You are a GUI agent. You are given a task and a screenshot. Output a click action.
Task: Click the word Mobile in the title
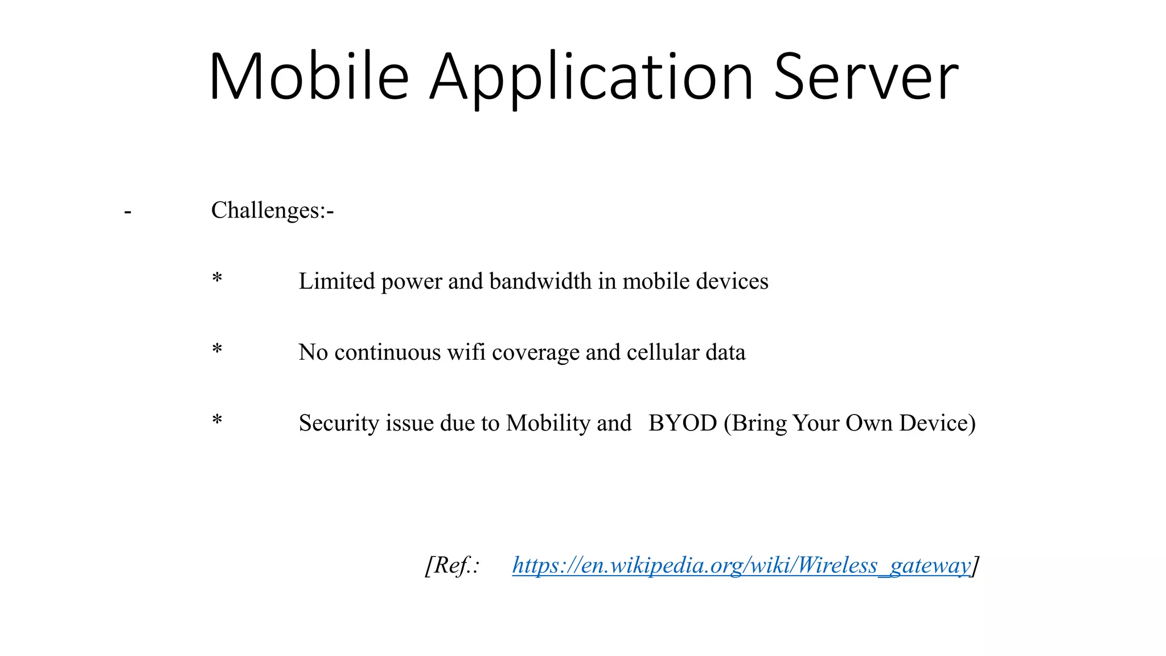309,77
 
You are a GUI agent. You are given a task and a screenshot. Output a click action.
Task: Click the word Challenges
267,210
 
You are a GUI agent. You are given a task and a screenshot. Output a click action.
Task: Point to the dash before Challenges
128,212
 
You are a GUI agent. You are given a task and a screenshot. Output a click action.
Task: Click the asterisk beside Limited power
217,279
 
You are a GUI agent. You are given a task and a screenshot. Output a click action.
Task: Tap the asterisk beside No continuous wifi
217,350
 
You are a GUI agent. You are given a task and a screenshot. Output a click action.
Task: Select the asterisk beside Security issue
217,421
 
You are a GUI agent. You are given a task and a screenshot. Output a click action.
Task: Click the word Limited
336,281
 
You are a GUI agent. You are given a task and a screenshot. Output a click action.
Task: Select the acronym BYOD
683,423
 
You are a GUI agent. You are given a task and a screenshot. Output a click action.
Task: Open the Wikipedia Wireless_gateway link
741,565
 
